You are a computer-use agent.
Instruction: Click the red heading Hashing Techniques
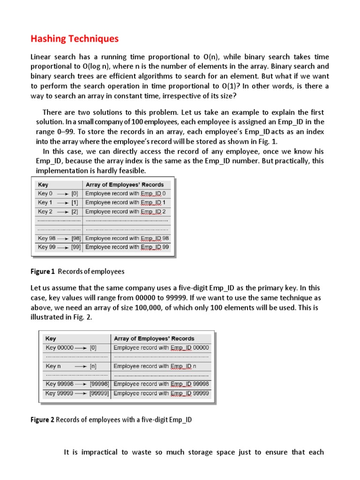coord(75,38)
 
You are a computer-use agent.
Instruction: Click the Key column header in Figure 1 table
coord(43,185)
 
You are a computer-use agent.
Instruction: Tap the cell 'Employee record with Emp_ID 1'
coord(126,202)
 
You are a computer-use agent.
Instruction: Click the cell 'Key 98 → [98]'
coord(59,238)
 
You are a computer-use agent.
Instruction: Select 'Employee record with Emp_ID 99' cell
coord(127,247)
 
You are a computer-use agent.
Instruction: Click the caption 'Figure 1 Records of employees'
coord(77,271)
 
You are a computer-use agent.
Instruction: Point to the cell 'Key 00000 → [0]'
coord(71,348)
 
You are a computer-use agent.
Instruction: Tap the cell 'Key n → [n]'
coord(71,366)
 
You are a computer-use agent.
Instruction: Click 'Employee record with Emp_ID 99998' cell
coord(161,384)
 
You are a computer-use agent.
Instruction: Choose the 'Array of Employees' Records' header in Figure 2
coord(154,338)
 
